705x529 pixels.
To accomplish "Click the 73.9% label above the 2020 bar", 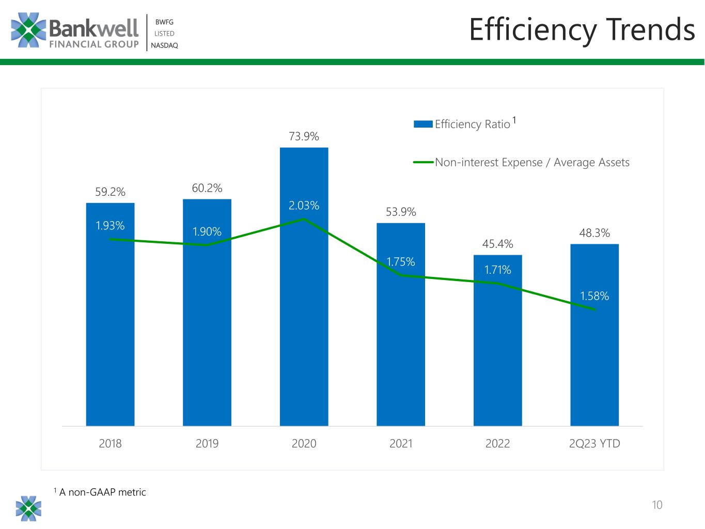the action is click(x=304, y=136).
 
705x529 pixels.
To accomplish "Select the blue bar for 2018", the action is click(x=110, y=315).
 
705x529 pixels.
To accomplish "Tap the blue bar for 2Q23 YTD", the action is click(x=594, y=335).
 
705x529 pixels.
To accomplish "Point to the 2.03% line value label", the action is click(x=304, y=206).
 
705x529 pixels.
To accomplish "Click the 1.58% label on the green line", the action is click(x=594, y=296).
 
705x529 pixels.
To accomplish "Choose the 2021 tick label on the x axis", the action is click(x=401, y=444).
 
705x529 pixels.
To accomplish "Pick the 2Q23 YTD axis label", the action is click(x=594, y=444).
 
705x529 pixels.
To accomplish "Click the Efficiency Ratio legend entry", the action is click(x=465, y=123).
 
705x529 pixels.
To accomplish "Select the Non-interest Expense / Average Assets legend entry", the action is click(x=521, y=163).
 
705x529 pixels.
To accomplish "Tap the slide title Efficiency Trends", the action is click(x=582, y=30).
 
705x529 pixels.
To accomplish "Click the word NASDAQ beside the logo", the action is click(x=164, y=45).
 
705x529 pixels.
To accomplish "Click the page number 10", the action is click(x=657, y=505).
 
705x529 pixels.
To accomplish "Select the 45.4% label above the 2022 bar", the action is click(x=497, y=244).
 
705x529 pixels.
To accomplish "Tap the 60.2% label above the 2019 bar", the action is click(x=207, y=188).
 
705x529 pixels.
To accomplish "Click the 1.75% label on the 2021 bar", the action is click(x=401, y=262).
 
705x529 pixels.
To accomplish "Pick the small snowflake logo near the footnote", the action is click(x=28, y=508).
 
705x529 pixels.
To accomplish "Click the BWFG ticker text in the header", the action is click(x=164, y=22).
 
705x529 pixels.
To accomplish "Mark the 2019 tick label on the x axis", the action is click(x=207, y=444).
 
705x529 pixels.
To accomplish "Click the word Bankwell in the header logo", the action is click(x=94, y=28).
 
